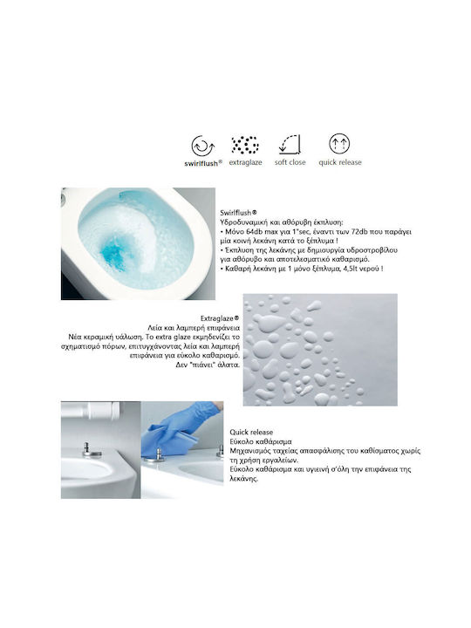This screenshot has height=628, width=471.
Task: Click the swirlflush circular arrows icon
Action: (203, 146)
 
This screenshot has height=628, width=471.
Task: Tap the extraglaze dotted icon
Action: (245, 145)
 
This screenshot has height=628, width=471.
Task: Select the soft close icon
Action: (290, 145)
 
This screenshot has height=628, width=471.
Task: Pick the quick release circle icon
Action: (339, 144)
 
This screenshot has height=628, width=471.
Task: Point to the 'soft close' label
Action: (290, 162)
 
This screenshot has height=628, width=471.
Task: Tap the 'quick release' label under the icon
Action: (340, 162)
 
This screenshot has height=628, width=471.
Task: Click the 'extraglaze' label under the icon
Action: (245, 162)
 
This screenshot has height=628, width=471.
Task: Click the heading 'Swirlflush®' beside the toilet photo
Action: (239, 213)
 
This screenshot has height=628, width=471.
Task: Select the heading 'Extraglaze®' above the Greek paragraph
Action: (220, 318)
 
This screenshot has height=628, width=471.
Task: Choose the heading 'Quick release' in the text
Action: (251, 432)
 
